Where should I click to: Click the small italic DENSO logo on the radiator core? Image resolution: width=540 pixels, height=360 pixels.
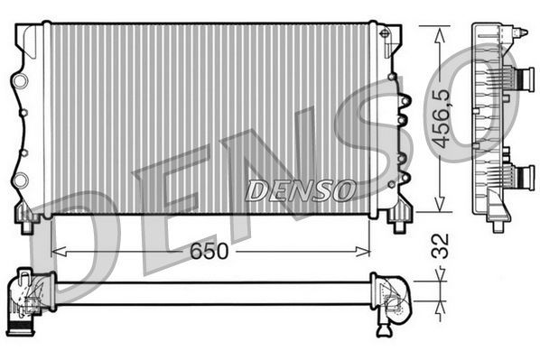[x=300, y=190]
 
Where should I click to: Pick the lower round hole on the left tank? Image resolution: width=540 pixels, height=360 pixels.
[x=20, y=181]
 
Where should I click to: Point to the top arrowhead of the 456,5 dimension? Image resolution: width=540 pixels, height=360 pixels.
[x=439, y=31]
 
